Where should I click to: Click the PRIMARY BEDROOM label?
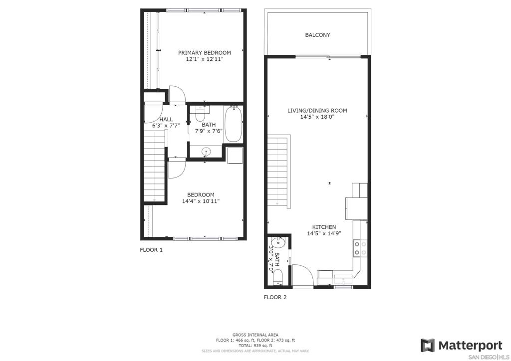[204, 53]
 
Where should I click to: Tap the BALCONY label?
[317, 35]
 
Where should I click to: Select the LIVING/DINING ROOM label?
[317, 110]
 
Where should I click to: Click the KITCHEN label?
[324, 227]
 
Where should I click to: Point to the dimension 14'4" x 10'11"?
[201, 201]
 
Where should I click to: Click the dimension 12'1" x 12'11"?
[204, 59]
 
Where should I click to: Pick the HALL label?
[166, 120]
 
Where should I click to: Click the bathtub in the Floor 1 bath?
[233, 124]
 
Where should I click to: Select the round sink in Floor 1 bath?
[206, 152]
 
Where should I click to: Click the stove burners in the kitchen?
[360, 248]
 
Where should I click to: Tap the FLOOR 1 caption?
[151, 250]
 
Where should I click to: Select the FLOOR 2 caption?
[275, 297]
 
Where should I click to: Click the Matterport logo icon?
[427, 345]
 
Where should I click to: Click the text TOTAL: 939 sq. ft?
[255, 346]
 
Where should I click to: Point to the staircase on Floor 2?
[279, 171]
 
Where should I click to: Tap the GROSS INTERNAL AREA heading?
[255, 335]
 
